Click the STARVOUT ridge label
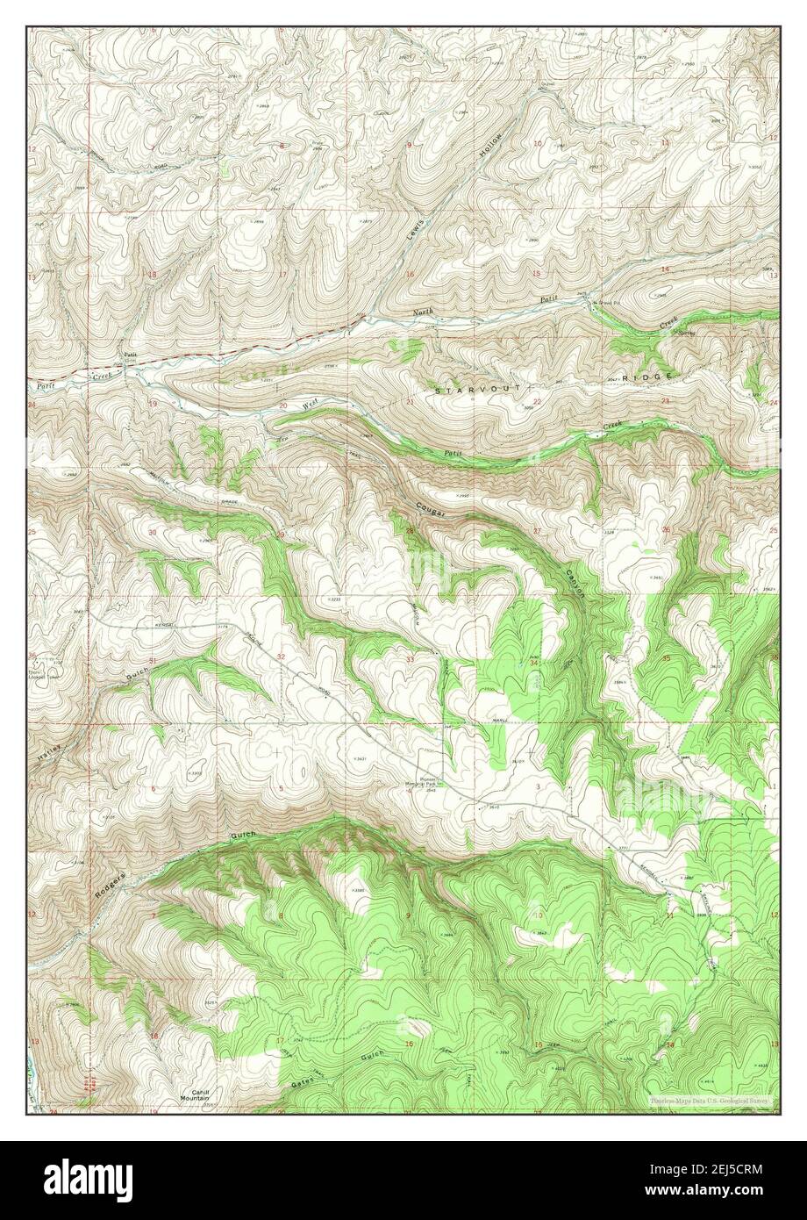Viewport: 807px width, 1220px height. (478, 388)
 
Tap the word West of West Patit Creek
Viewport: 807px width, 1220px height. (310, 405)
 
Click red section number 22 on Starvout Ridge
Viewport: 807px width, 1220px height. (536, 401)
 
